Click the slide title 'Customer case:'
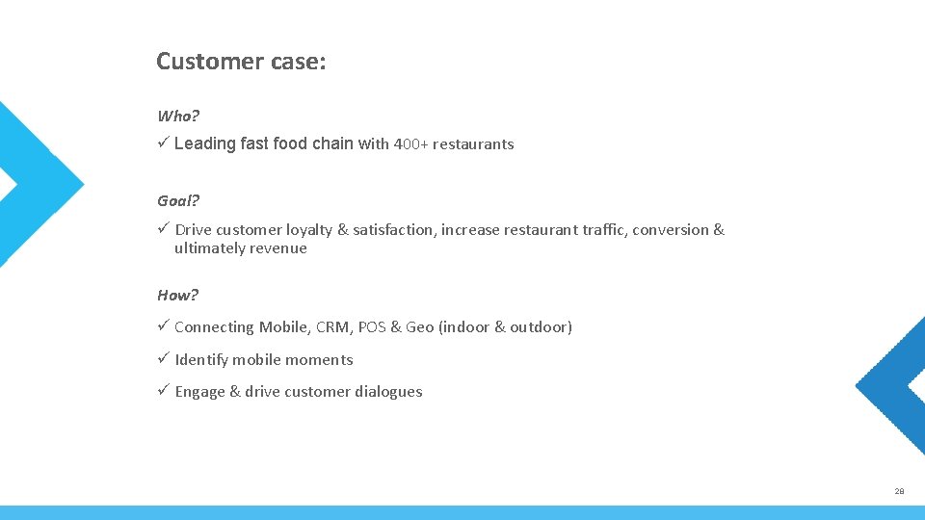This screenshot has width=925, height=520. click(241, 62)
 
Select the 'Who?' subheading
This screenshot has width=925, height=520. click(178, 117)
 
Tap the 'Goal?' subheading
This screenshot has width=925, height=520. click(178, 201)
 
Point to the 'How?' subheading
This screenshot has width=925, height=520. click(177, 296)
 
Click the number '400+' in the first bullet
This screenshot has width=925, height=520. click(410, 144)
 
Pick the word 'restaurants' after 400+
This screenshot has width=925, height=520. click(473, 144)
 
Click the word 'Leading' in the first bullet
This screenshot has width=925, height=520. click(204, 143)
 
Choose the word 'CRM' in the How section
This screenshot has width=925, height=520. click(332, 327)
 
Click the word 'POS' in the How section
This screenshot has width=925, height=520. click(372, 327)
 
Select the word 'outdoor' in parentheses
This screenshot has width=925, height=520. click(540, 327)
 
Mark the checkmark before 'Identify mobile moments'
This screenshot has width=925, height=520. click(164, 359)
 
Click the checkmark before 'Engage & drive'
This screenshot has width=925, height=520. click(164, 391)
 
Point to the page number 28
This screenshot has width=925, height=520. click(899, 491)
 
